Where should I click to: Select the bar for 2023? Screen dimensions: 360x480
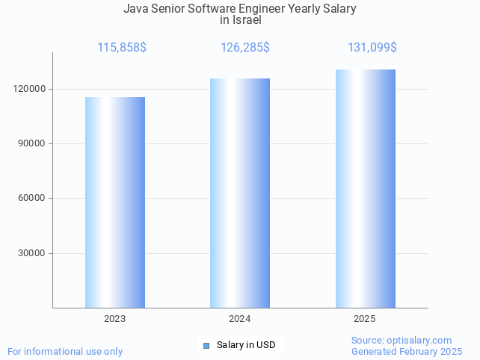(x=115, y=202)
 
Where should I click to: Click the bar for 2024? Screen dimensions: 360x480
(x=240, y=193)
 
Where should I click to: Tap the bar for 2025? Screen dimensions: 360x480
(x=365, y=188)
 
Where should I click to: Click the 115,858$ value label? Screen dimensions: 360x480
(x=122, y=47)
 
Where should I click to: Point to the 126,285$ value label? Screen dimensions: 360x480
(x=245, y=47)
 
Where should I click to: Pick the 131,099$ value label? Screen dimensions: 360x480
(x=372, y=47)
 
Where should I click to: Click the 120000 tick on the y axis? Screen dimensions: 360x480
(x=31, y=89)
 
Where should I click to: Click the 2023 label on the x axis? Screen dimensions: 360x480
(x=115, y=319)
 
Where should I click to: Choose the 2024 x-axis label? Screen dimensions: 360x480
(x=240, y=319)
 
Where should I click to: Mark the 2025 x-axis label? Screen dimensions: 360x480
(x=365, y=319)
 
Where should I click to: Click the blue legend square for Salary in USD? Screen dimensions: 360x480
(x=207, y=345)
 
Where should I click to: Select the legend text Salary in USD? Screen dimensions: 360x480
(x=246, y=345)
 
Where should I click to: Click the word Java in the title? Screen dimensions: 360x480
(x=136, y=9)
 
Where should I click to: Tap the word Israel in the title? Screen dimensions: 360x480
(x=247, y=20)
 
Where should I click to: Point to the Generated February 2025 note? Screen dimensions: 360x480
(x=407, y=351)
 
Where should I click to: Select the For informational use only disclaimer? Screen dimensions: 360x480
(x=65, y=351)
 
